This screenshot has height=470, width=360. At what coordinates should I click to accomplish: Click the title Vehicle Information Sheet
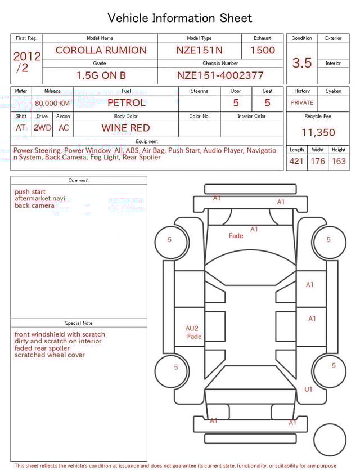click(x=180, y=18)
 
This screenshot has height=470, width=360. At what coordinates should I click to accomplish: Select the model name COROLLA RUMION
click(x=100, y=50)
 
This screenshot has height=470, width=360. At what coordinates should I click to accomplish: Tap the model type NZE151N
click(x=199, y=50)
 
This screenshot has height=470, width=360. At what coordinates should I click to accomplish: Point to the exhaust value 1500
click(x=263, y=50)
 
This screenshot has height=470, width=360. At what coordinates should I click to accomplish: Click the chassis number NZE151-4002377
click(x=220, y=75)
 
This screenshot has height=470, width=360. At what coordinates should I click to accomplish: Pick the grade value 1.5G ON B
click(x=101, y=75)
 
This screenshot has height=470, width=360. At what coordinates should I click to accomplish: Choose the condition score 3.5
click(x=302, y=62)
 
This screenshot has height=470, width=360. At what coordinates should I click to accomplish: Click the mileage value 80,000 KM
click(x=52, y=103)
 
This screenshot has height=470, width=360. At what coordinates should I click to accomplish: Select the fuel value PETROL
click(x=126, y=102)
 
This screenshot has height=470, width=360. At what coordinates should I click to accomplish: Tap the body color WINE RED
click(x=125, y=128)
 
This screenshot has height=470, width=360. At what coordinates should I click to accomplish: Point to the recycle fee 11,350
click(x=318, y=132)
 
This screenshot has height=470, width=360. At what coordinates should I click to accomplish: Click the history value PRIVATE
click(x=302, y=102)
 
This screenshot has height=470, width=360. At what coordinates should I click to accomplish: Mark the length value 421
click(x=296, y=162)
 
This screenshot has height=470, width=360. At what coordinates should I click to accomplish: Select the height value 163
click(x=339, y=162)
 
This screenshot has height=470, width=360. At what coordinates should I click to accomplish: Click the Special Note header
click(x=79, y=323)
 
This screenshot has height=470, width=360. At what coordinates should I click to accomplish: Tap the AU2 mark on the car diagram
click(x=192, y=328)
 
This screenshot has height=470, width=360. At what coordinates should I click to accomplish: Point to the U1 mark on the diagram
click(x=308, y=389)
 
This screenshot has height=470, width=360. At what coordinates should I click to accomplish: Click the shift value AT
click(x=21, y=128)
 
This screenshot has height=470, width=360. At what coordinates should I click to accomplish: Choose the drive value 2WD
click(x=42, y=128)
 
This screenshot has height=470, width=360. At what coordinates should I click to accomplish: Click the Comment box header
click(x=79, y=180)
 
